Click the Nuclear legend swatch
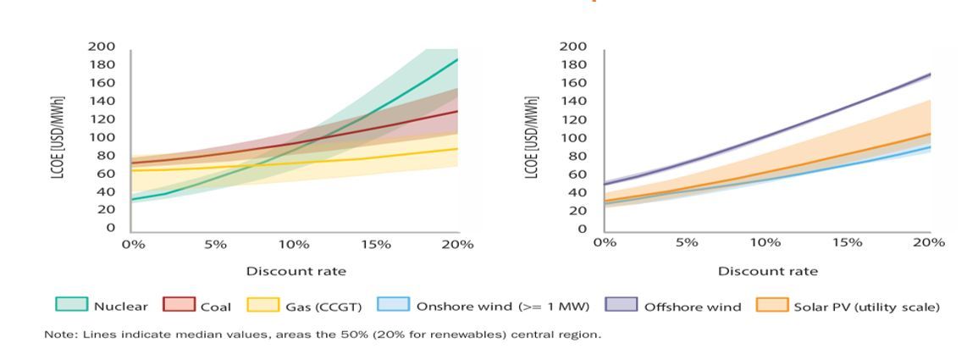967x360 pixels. pyautogui.click(x=71, y=306)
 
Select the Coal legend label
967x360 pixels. pyautogui.click(x=217, y=307)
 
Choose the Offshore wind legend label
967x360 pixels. pyautogui.click(x=692, y=307)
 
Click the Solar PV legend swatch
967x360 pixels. pyautogui.click(x=772, y=306)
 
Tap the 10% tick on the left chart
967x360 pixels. pyautogui.click(x=294, y=244)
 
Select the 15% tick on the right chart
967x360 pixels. pyautogui.click(x=847, y=242)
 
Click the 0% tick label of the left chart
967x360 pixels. pyautogui.click(x=133, y=244)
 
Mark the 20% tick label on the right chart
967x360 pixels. pyautogui.click(x=928, y=242)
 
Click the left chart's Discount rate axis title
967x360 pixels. pyautogui.click(x=296, y=271)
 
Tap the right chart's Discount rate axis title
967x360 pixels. pyautogui.click(x=767, y=271)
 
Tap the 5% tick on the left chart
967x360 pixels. pyautogui.click(x=215, y=244)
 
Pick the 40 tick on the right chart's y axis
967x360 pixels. pyautogui.click(x=577, y=192)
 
